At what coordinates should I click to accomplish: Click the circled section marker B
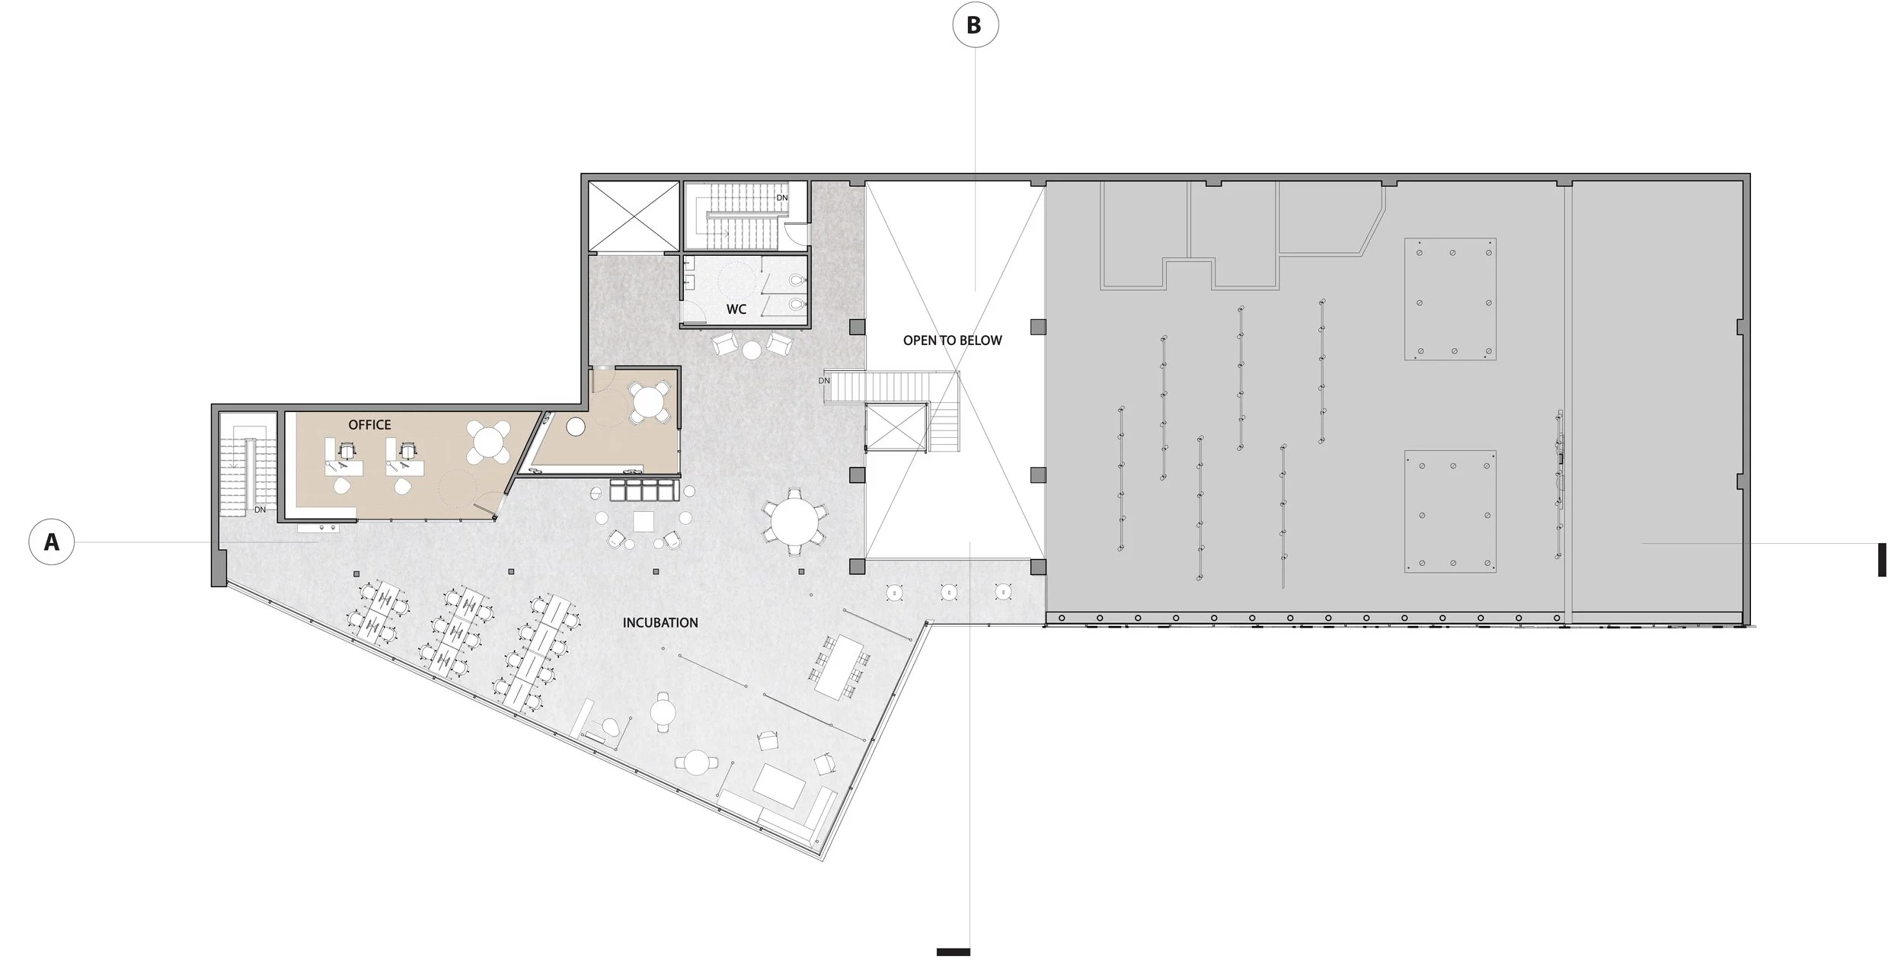(975, 25)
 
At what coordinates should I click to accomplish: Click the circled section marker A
(52, 542)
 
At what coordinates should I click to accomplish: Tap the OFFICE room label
(369, 424)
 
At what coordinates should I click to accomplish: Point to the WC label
(736, 309)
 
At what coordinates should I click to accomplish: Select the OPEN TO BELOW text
(952, 340)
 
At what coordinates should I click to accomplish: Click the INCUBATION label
(660, 622)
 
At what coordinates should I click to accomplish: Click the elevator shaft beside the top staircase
(634, 216)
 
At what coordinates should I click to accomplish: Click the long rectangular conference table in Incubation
(840, 666)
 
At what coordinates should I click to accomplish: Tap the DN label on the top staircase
(782, 198)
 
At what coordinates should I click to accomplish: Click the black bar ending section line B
(953, 951)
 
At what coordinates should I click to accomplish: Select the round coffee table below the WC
(752, 350)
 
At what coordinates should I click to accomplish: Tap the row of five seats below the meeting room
(643, 489)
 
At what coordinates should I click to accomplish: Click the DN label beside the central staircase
(824, 381)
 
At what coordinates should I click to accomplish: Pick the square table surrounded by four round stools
(644, 520)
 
